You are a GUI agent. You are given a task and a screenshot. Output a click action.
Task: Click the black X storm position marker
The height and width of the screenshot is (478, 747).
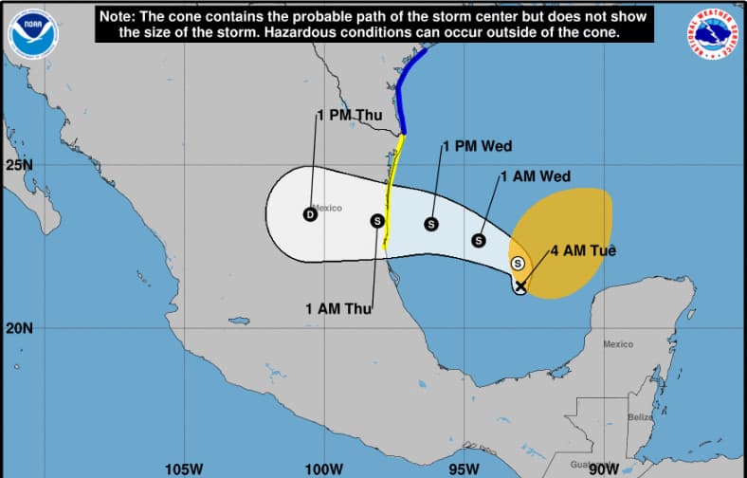(520, 285)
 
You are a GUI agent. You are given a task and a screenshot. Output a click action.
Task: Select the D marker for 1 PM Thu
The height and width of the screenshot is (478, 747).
(309, 214)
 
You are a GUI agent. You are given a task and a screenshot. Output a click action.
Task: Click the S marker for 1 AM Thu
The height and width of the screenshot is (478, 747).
(376, 221)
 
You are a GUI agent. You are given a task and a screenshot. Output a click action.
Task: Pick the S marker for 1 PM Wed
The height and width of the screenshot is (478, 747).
(430, 224)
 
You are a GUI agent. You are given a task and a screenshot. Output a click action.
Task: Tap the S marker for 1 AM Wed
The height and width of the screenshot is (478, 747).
(479, 240)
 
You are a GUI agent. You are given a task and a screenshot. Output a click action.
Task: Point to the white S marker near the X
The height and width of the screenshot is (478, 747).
(518, 263)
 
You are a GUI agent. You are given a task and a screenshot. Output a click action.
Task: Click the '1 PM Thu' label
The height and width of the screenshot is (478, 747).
(349, 116)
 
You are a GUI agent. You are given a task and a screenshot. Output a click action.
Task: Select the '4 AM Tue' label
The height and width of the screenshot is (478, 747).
(584, 251)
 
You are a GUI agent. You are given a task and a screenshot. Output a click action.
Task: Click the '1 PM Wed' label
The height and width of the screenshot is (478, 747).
(478, 146)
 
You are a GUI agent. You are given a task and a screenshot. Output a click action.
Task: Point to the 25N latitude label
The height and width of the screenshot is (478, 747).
(18, 165)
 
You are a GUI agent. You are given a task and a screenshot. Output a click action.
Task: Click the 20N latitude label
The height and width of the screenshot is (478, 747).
(18, 328)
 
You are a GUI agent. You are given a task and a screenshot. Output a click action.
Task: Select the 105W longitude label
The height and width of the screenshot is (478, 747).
(183, 469)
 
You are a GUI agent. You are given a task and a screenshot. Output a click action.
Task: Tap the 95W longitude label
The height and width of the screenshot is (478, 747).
(463, 469)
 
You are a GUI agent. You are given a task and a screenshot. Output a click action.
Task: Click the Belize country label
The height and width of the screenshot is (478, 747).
(640, 417)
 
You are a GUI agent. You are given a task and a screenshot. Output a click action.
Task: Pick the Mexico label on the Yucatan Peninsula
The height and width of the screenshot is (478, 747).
(618, 344)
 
